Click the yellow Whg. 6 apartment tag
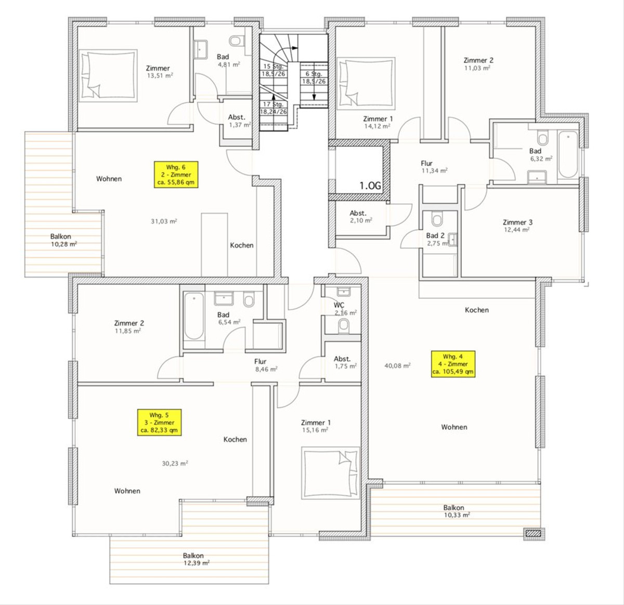[176, 175]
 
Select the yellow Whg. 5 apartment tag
[159, 423]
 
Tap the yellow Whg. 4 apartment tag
[453, 364]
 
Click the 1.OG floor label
[370, 186]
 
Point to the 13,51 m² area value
[160, 76]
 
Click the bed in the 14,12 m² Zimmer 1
[366, 82]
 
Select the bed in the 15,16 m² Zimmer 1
[331, 473]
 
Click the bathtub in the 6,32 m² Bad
[568, 155]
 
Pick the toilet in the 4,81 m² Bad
[235, 41]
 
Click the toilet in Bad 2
[437, 220]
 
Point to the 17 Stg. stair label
[273, 104]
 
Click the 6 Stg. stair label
[314, 74]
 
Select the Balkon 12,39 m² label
[196, 559]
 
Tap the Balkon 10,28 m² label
[63, 240]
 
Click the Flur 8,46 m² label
[266, 365]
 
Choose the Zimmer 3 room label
[517, 222]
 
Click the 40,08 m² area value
[398, 365]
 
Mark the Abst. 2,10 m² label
[360, 217]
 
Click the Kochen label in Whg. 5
[235, 439]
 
